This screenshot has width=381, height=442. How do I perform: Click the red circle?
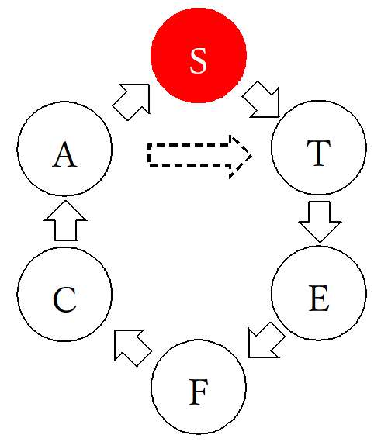click(199, 55)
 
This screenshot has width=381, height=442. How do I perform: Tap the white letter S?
click(199, 61)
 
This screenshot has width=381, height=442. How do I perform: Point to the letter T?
click(319, 153)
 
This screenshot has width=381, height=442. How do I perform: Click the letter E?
click(319, 298)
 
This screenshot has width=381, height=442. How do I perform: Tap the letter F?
click(199, 392)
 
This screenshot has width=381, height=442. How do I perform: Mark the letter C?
click(64, 299)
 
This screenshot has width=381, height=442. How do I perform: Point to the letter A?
click(64, 154)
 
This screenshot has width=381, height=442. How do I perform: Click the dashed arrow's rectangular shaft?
click(189, 156)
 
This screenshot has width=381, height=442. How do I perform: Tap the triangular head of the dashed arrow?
click(241, 156)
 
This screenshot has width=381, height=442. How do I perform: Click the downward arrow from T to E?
click(320, 221)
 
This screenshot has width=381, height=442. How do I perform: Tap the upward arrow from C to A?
click(65, 221)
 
